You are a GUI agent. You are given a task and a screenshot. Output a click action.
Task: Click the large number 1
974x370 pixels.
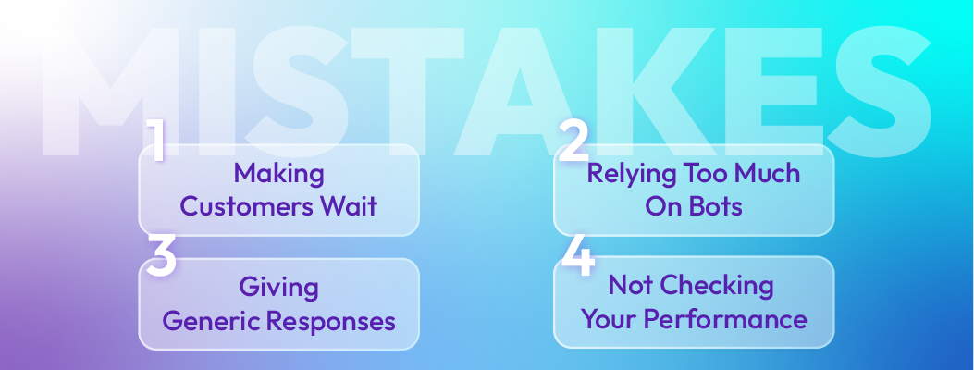[x=157, y=142]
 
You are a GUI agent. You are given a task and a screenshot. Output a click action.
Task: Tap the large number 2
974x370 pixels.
[x=574, y=142]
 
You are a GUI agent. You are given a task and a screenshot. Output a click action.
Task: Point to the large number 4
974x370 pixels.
[x=576, y=256]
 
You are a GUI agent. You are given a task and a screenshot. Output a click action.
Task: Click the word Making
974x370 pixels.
[x=278, y=173]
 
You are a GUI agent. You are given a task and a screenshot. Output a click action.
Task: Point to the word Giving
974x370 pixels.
[x=278, y=288]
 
